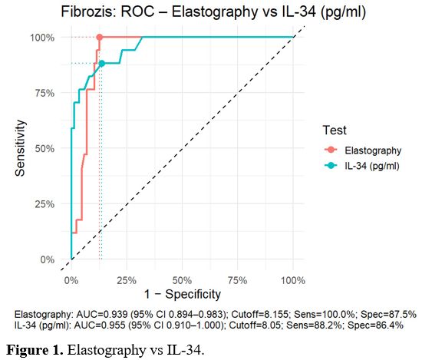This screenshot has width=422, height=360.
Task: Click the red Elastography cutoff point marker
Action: click(99, 38)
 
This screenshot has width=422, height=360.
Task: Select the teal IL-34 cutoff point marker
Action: click(101, 64)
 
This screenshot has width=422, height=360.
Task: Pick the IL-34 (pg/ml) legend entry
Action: click(371, 165)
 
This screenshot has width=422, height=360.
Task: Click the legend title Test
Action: click(337, 130)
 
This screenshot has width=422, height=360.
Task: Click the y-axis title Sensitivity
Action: click(22, 148)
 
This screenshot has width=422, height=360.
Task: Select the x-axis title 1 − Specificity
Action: click(182, 293)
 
